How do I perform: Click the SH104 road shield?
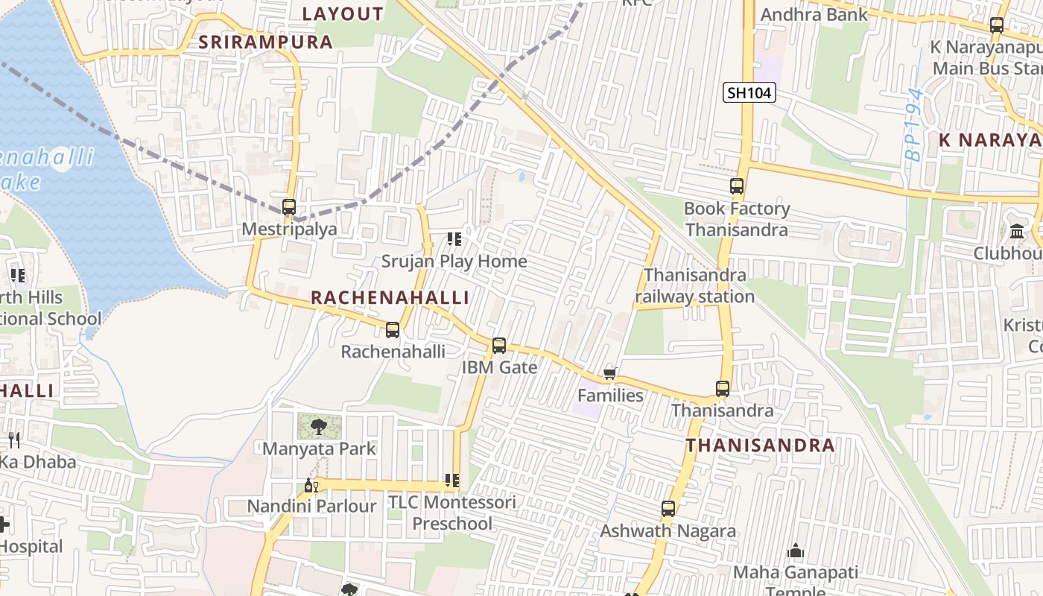point(749,93)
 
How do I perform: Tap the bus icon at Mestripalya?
point(289,207)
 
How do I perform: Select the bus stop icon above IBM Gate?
point(499,346)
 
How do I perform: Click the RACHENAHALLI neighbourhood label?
point(390,298)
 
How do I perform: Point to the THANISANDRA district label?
point(760,446)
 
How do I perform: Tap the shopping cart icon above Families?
point(610,373)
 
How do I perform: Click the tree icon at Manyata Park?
point(319,427)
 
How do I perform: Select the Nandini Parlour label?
point(311,507)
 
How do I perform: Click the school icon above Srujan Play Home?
point(454,239)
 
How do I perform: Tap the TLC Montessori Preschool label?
point(452,513)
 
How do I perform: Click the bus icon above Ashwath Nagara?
point(668,509)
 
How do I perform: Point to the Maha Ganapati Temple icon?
point(796,551)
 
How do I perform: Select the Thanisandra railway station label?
point(694,286)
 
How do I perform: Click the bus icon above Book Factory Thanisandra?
point(737,186)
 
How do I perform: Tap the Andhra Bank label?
point(814,14)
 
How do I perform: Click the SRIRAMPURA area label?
point(265,42)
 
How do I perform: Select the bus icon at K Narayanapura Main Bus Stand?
point(997,25)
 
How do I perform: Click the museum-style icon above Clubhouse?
point(1017,232)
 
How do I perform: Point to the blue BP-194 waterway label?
point(914,125)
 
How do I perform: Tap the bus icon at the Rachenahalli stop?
point(393,329)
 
